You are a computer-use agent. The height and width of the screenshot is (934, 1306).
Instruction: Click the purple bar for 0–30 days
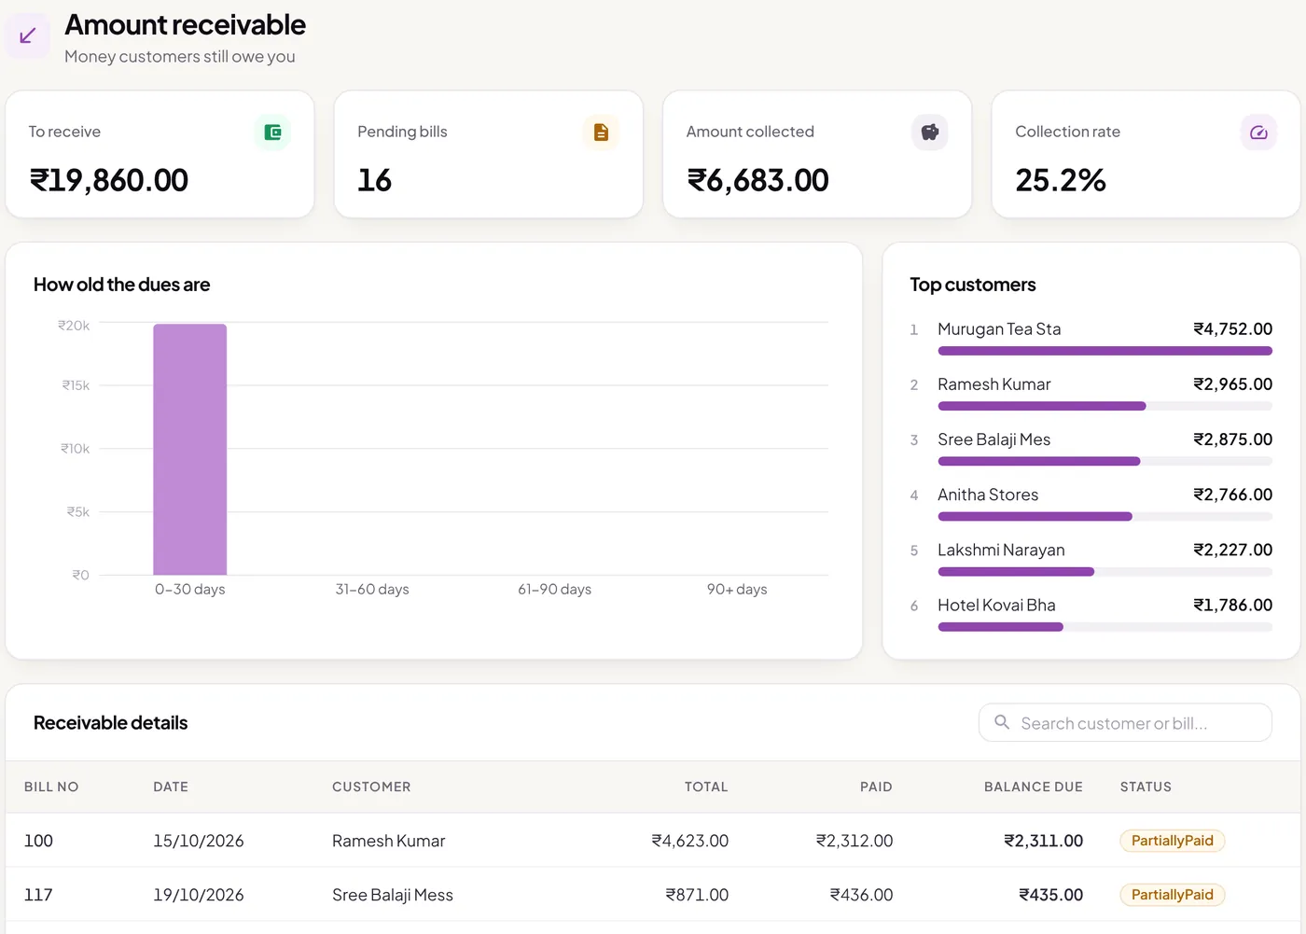[x=189, y=449]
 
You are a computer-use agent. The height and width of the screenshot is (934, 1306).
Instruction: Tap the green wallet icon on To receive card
[x=272, y=132]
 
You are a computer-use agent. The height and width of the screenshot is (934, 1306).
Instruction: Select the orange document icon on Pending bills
[x=601, y=132]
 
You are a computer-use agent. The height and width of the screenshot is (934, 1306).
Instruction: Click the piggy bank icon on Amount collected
[x=929, y=132]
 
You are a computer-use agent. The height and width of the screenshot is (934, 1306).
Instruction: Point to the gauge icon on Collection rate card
[x=1258, y=132]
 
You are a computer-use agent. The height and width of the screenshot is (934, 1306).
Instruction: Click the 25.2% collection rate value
[x=1060, y=179]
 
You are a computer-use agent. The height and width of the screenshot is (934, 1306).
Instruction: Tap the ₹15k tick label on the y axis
[x=76, y=385]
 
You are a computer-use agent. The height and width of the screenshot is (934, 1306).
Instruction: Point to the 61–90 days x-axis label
[x=554, y=589]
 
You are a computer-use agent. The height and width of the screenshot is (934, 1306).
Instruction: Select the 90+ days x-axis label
[x=737, y=589]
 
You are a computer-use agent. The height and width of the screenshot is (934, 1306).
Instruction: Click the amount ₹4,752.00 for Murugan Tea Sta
[x=1232, y=328]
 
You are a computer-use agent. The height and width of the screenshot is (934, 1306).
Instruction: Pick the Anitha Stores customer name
[x=988, y=495]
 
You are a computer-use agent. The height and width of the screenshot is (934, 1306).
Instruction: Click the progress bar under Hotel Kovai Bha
[x=1105, y=627]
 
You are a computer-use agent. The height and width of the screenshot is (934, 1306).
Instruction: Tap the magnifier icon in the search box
[x=1002, y=722]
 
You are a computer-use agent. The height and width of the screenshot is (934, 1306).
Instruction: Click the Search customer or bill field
[x=1125, y=722]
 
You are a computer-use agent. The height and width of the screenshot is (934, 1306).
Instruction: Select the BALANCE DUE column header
[x=1034, y=787]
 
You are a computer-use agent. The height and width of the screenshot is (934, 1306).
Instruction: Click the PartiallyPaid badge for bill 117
[x=1172, y=895]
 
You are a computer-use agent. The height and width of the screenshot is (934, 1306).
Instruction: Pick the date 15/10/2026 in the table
[x=198, y=841]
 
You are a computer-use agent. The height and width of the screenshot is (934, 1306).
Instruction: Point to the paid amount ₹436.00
[x=861, y=895]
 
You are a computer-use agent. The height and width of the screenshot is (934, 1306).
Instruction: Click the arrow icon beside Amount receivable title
[x=27, y=36]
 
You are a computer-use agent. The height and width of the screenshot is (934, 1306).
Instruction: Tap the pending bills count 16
[x=374, y=179]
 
